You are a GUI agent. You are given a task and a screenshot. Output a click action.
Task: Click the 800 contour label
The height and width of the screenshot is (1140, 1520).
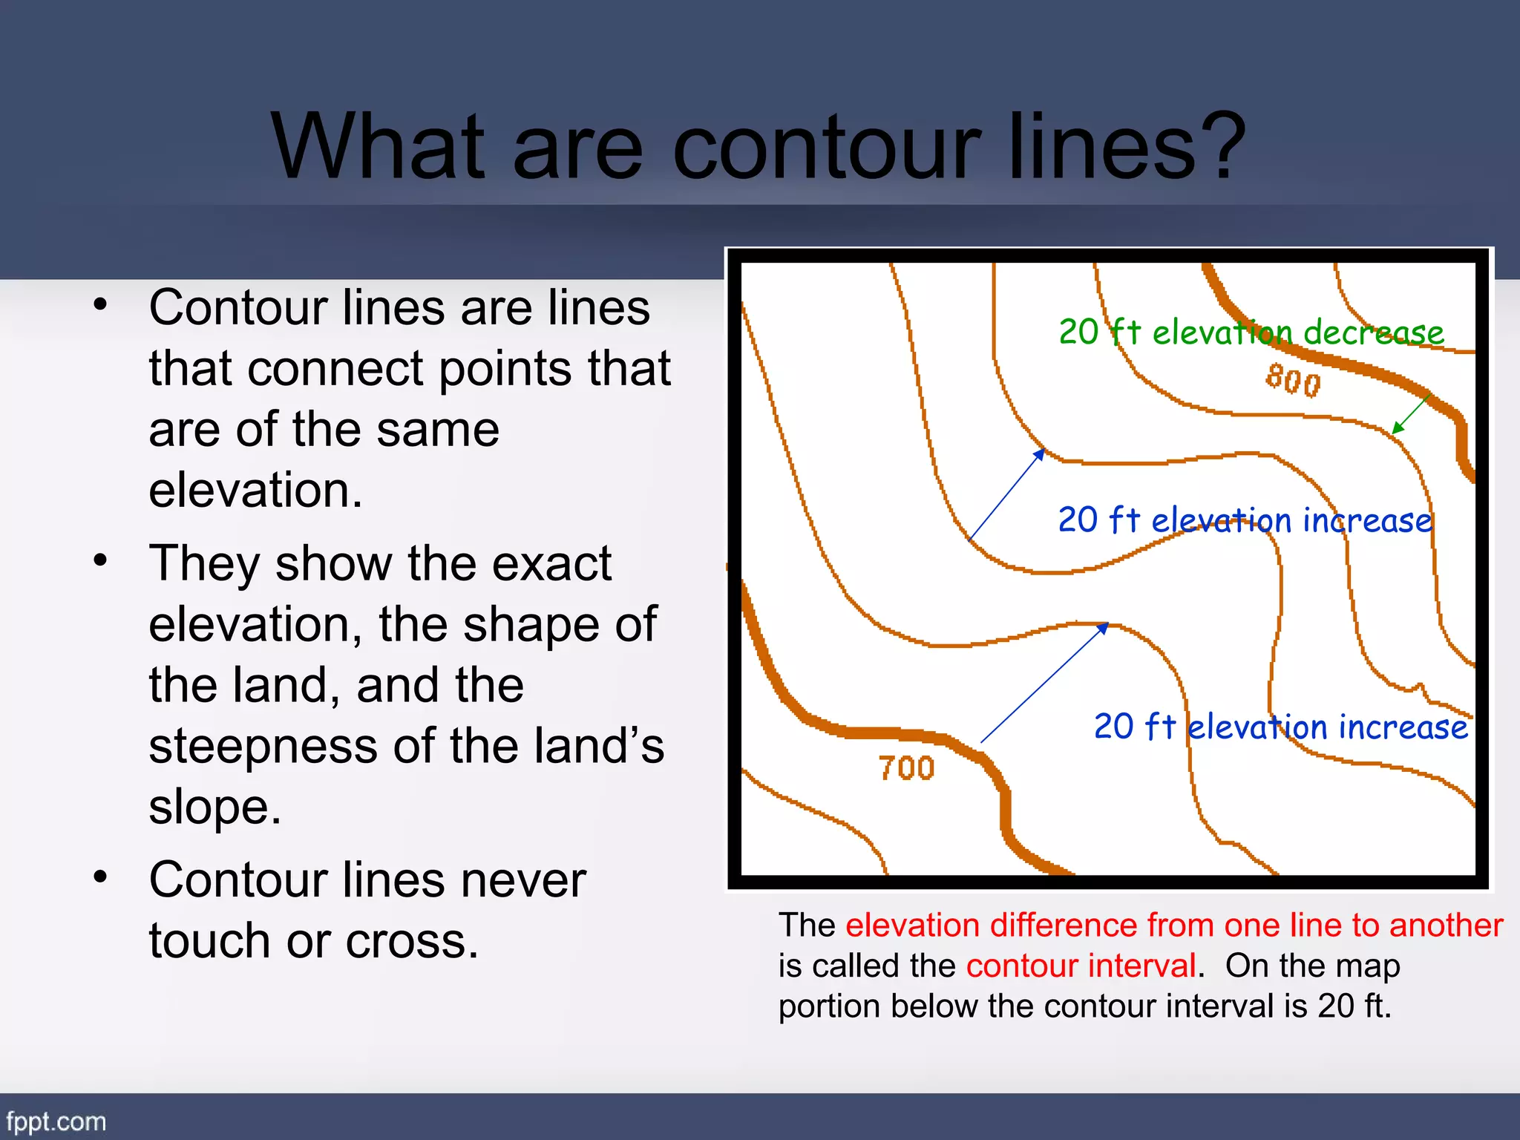[1294, 381]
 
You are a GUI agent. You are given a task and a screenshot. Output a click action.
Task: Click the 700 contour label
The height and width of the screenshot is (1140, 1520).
[906, 768]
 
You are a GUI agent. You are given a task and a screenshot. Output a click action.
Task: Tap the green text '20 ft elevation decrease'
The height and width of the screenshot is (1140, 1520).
[1251, 332]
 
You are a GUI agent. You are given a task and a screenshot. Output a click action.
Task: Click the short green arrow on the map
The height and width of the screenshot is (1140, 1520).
[1411, 413]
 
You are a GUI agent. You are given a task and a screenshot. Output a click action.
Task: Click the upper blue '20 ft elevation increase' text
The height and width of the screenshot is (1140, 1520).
[1245, 520]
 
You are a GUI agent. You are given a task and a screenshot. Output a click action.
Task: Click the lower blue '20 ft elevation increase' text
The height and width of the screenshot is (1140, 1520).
[1281, 727]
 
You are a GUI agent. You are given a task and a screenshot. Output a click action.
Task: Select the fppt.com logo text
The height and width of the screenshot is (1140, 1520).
[56, 1121]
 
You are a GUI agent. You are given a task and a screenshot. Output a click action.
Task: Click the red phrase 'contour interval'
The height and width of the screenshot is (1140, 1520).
[1081, 966]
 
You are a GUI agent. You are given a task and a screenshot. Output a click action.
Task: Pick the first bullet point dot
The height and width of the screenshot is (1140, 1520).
[101, 304]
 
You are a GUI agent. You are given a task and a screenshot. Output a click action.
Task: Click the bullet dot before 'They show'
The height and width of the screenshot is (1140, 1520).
[101, 560]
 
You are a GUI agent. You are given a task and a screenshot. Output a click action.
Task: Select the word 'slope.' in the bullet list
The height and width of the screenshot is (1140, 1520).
[215, 807]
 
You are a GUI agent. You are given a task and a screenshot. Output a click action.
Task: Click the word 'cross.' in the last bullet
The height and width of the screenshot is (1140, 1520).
[412, 942]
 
